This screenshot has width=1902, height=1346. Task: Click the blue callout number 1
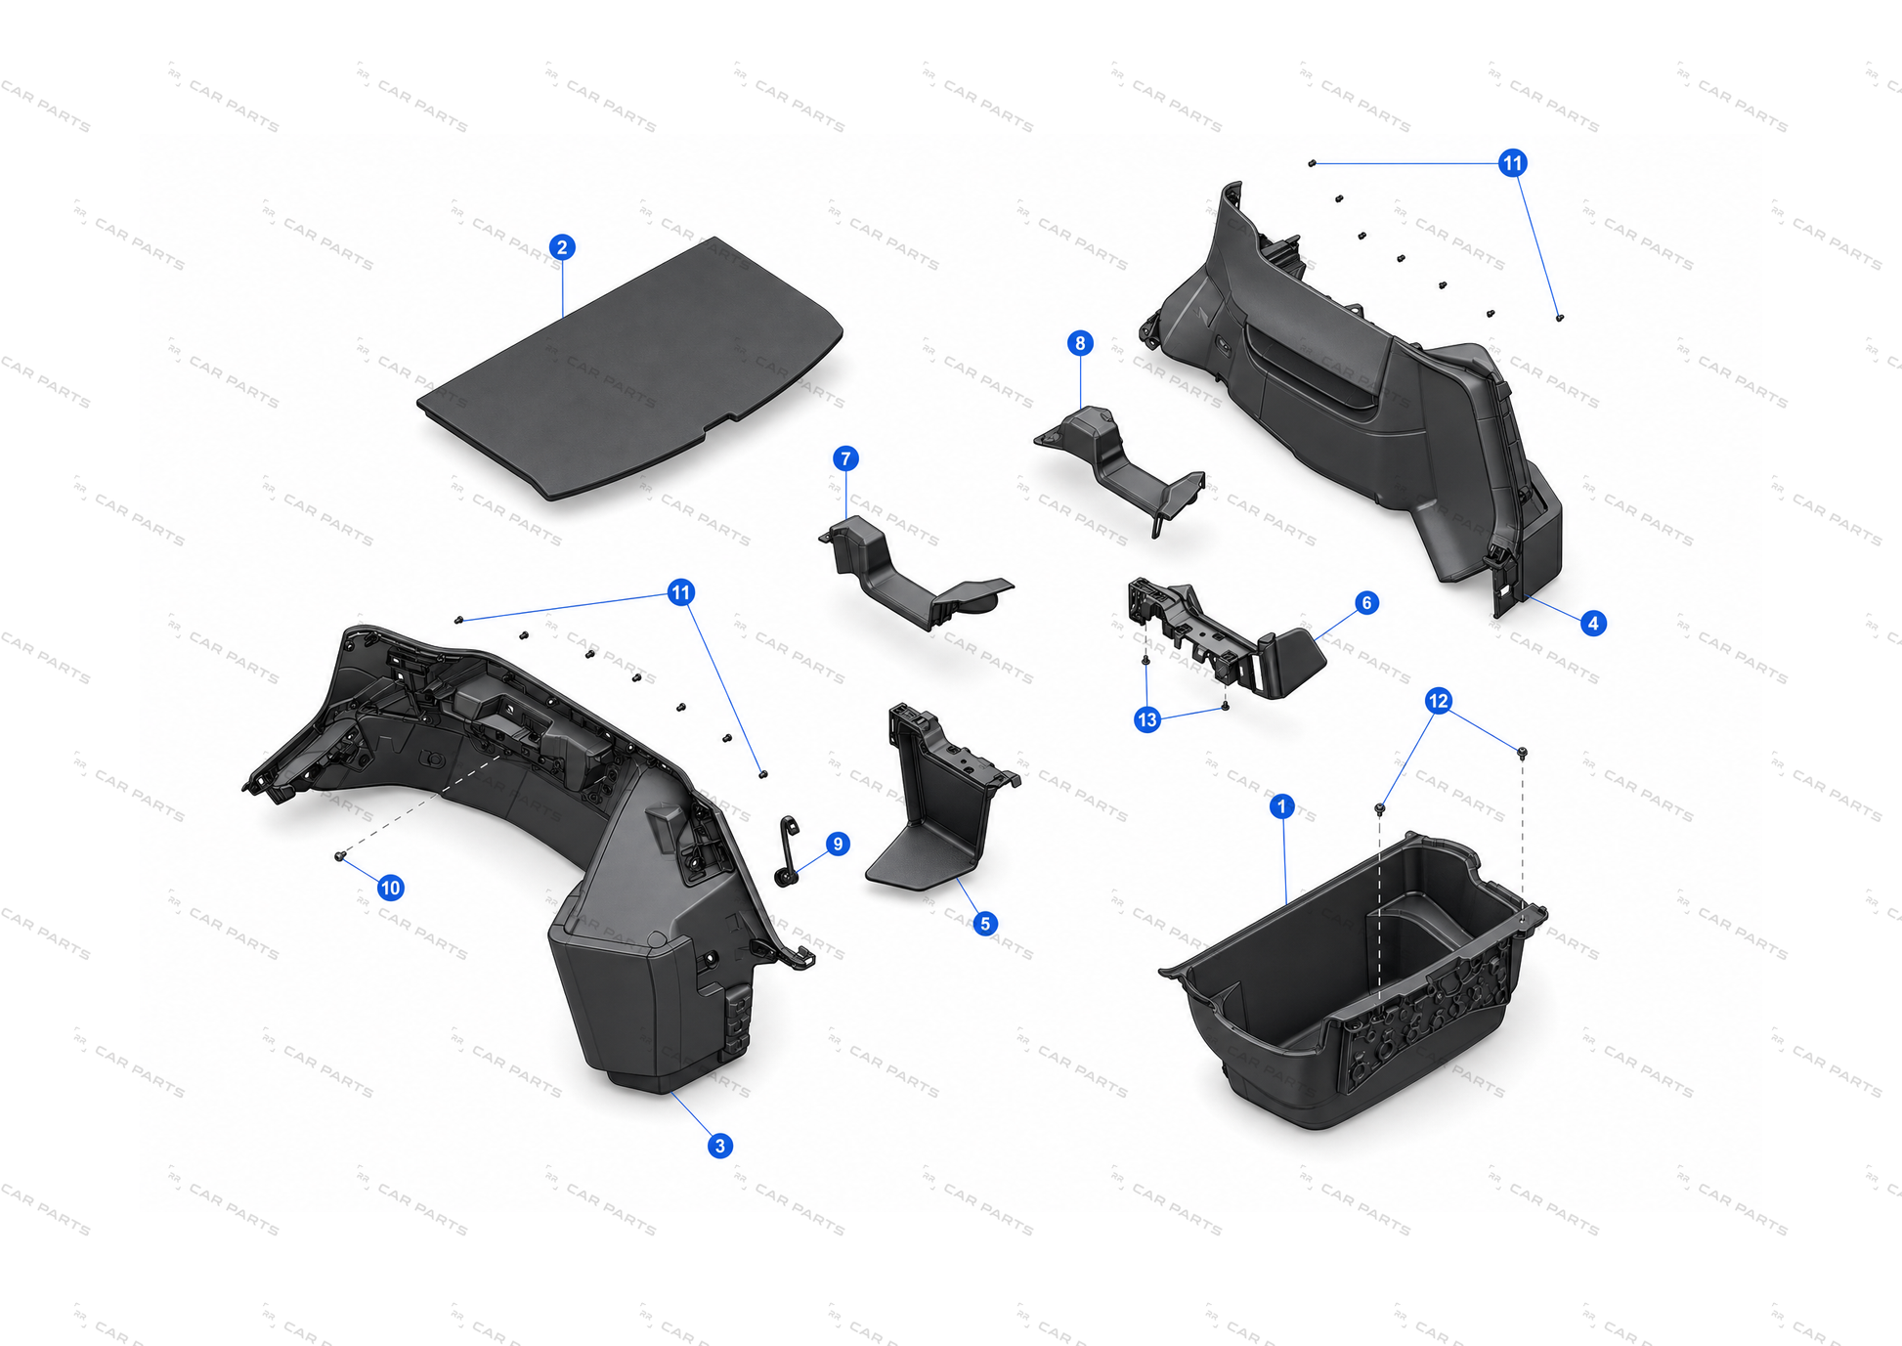point(1281,806)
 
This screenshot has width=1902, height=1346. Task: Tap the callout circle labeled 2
point(561,247)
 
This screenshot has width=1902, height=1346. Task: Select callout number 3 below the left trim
point(720,1146)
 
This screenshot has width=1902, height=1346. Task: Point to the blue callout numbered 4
point(1593,623)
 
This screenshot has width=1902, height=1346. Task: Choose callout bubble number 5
point(985,923)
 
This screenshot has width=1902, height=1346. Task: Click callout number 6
point(1366,603)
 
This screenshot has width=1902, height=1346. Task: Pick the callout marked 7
point(846,458)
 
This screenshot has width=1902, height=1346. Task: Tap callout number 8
point(1080,343)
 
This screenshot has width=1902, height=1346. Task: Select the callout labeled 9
point(838,844)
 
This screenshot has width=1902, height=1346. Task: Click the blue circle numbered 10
point(391,888)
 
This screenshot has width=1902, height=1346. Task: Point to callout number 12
point(1438,701)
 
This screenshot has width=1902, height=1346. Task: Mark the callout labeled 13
point(1147,720)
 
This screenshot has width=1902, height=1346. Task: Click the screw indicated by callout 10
point(340,856)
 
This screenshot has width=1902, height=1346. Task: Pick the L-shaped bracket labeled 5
point(938,797)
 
